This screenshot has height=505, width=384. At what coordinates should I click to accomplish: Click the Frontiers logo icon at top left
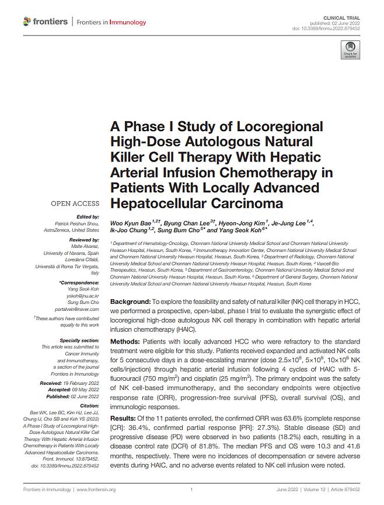coord(27,22)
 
